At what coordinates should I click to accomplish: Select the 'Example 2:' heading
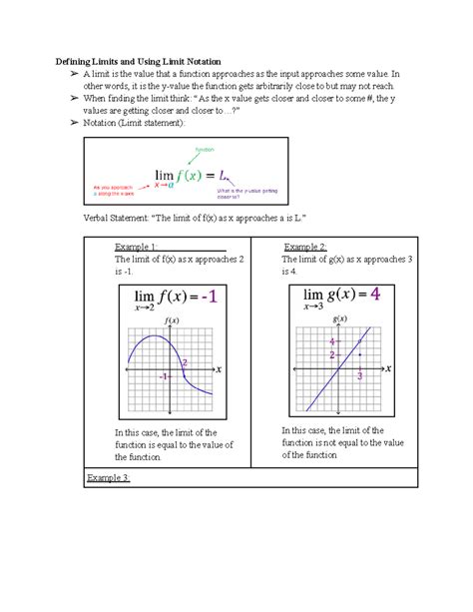pos(304,246)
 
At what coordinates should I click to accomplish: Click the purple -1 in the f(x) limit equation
pos(212,297)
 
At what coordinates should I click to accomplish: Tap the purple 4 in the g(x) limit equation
pos(375,296)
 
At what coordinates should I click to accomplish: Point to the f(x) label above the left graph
pos(171,320)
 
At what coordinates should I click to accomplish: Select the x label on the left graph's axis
pos(220,368)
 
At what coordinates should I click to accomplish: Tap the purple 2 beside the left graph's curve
pos(185,362)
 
